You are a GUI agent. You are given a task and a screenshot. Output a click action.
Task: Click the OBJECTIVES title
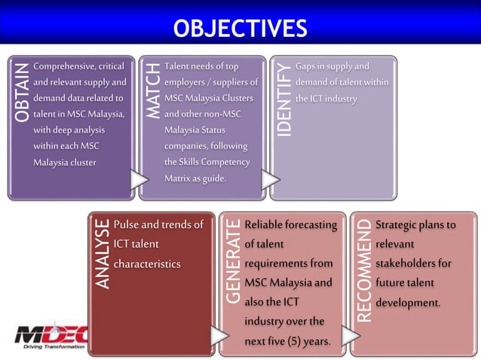click(x=240, y=28)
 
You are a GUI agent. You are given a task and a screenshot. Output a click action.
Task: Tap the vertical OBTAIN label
click(x=22, y=93)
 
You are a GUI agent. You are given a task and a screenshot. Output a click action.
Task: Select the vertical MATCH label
click(x=153, y=91)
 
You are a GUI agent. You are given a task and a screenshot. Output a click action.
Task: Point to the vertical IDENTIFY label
click(x=283, y=99)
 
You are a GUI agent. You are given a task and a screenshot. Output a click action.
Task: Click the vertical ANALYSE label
click(x=102, y=254)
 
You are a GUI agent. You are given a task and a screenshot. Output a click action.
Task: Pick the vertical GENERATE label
click(x=233, y=261)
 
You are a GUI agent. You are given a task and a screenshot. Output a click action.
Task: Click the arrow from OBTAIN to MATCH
click(x=139, y=179)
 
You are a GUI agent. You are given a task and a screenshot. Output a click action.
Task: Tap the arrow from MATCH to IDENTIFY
click(x=271, y=179)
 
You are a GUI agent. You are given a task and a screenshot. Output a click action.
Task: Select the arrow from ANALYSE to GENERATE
click(x=219, y=336)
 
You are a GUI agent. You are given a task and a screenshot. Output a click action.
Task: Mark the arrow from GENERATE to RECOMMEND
click(x=351, y=336)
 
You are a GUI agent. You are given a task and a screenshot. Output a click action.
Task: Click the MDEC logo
click(x=51, y=336)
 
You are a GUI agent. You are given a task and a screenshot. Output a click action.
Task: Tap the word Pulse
click(x=126, y=224)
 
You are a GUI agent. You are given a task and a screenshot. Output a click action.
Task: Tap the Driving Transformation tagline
click(x=54, y=347)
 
